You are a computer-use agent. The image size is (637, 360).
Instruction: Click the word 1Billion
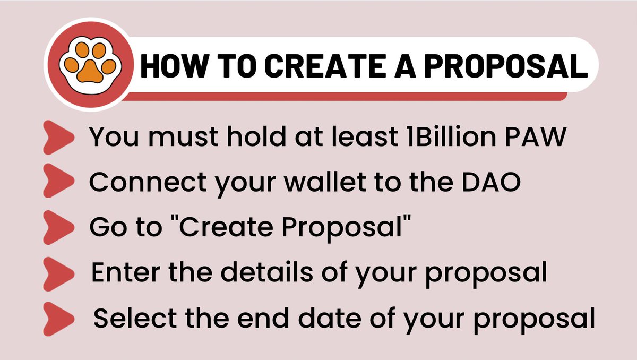point(439,136)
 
